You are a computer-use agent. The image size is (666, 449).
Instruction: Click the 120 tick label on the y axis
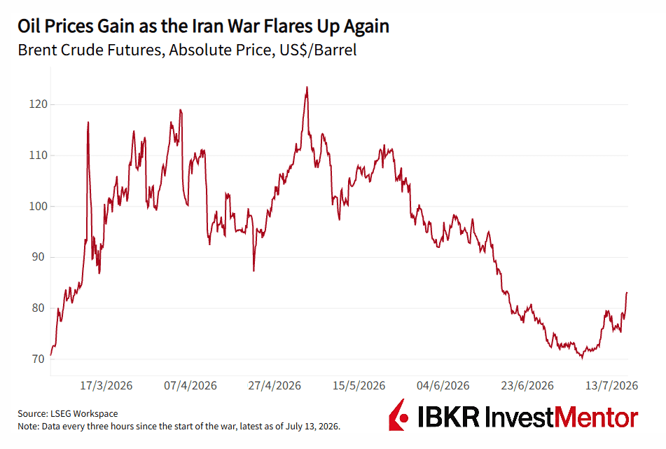pyautogui.click(x=39, y=104)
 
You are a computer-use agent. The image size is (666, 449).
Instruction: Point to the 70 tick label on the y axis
pyautogui.click(x=39, y=359)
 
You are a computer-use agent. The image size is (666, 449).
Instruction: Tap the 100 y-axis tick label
pyautogui.click(x=39, y=206)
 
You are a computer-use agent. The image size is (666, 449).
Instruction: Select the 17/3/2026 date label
pyautogui.click(x=106, y=386)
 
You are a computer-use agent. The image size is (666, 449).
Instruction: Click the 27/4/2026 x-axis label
pyautogui.click(x=275, y=386)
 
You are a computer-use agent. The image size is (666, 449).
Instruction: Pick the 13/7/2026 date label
pyautogui.click(x=611, y=386)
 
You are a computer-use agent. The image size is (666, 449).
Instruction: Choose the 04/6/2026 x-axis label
pyautogui.click(x=443, y=386)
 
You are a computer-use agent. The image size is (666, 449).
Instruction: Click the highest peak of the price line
pyautogui.click(x=307, y=87)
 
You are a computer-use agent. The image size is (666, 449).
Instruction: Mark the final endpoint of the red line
pyautogui.click(x=627, y=292)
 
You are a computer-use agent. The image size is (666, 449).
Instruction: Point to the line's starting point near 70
pyautogui.click(x=51, y=354)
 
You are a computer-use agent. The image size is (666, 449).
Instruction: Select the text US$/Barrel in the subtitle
pyautogui.click(x=318, y=50)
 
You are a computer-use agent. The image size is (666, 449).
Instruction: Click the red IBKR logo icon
pyautogui.click(x=398, y=415)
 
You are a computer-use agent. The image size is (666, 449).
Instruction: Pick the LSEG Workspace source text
pyautogui.click(x=84, y=414)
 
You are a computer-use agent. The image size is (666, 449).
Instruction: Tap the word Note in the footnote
pyautogui.click(x=27, y=426)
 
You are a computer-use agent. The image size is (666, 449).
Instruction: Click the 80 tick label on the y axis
pyautogui.click(x=39, y=308)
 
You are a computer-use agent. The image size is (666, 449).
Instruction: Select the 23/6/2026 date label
pyautogui.click(x=527, y=386)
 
